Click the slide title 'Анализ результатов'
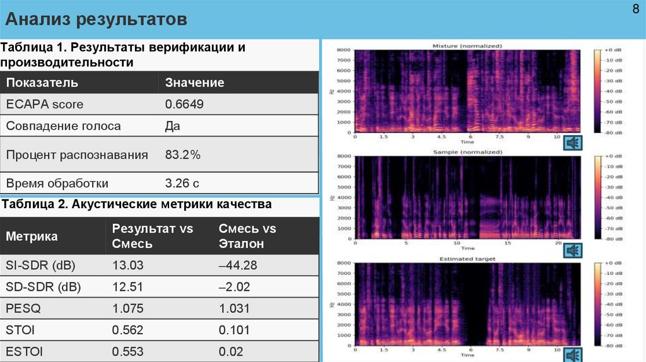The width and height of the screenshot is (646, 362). pyautogui.click(x=97, y=20)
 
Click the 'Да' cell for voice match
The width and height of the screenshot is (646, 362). pyautogui.click(x=172, y=126)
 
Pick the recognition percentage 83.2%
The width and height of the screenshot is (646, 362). pyautogui.click(x=182, y=155)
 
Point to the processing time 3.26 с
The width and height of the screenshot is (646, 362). pyautogui.click(x=182, y=184)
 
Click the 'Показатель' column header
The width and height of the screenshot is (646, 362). pyautogui.click(x=42, y=83)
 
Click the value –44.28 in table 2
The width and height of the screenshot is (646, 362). pyautogui.click(x=238, y=266)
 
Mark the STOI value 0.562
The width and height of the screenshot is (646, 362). pyautogui.click(x=127, y=330)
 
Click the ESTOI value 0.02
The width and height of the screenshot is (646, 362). pyautogui.click(x=230, y=351)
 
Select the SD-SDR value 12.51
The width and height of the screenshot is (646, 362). pyautogui.click(x=127, y=287)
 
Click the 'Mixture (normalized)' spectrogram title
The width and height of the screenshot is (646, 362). pyautogui.click(x=467, y=46)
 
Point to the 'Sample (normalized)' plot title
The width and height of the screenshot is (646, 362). pyautogui.click(x=467, y=152)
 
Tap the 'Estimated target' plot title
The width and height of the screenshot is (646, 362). pyautogui.click(x=467, y=259)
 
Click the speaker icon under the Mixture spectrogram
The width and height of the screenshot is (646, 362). pyautogui.click(x=573, y=143)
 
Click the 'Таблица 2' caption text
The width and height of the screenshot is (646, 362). pyautogui.click(x=137, y=204)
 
